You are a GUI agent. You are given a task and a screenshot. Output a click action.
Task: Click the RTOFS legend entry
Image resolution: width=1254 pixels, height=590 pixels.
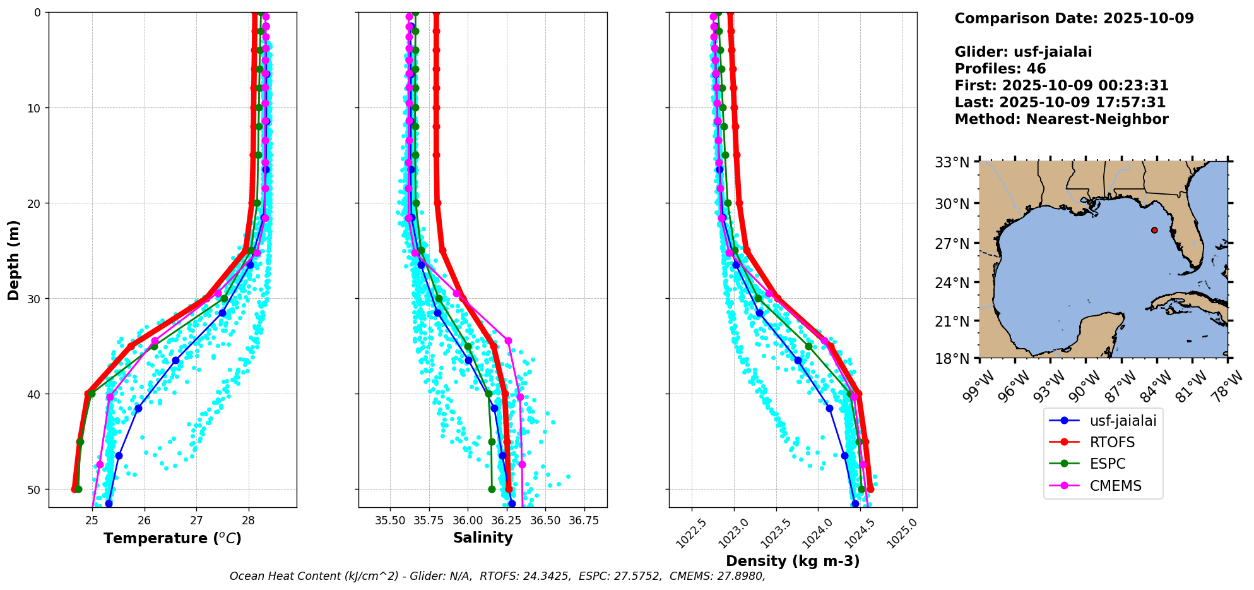click(x=1112, y=442)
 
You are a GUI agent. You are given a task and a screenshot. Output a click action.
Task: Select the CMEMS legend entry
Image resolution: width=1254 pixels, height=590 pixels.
click(x=1115, y=486)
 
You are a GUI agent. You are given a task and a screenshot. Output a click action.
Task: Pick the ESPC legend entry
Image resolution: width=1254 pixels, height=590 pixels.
click(x=1107, y=464)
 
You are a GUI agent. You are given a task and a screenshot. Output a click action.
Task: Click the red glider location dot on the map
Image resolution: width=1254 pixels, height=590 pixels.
click(x=1154, y=230)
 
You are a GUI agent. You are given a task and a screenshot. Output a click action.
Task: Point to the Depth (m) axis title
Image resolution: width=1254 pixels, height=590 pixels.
click(x=14, y=260)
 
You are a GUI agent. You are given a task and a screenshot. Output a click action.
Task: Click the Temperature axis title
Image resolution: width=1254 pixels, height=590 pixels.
click(x=172, y=538)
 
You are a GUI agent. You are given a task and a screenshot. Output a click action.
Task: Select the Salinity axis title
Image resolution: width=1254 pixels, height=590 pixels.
click(x=483, y=538)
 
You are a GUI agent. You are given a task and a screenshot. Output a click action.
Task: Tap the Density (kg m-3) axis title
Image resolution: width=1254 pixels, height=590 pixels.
click(x=793, y=561)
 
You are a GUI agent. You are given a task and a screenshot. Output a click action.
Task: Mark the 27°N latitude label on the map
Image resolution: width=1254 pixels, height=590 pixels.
click(x=953, y=243)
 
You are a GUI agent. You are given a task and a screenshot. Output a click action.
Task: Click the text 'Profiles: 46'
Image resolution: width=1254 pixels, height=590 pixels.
click(x=1000, y=69)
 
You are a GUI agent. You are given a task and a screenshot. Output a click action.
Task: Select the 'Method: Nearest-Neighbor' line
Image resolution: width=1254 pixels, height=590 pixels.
click(x=1061, y=119)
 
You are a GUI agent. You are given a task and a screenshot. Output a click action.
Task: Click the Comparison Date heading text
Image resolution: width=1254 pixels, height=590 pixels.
click(x=1074, y=18)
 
